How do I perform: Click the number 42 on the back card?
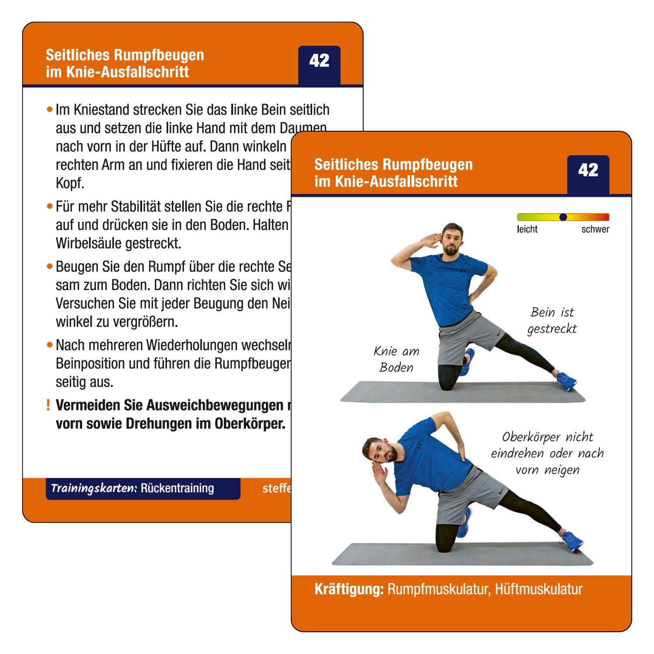pos(319,61)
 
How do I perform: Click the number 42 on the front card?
pos(588,170)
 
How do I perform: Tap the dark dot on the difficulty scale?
pos(563,217)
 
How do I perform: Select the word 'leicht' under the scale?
pos(527,229)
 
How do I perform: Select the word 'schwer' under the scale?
pos(595,229)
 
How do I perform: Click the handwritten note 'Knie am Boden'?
pos(396,359)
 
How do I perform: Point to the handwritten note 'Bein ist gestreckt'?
pos(552,320)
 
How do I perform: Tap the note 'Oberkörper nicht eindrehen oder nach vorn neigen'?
pos(547,453)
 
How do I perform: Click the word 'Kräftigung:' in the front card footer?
pos(349,589)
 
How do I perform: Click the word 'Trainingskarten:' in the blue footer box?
pos(94,488)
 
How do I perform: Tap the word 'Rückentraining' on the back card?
pos(177,488)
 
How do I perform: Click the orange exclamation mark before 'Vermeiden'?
pos(48,405)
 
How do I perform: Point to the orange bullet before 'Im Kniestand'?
pos(50,109)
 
